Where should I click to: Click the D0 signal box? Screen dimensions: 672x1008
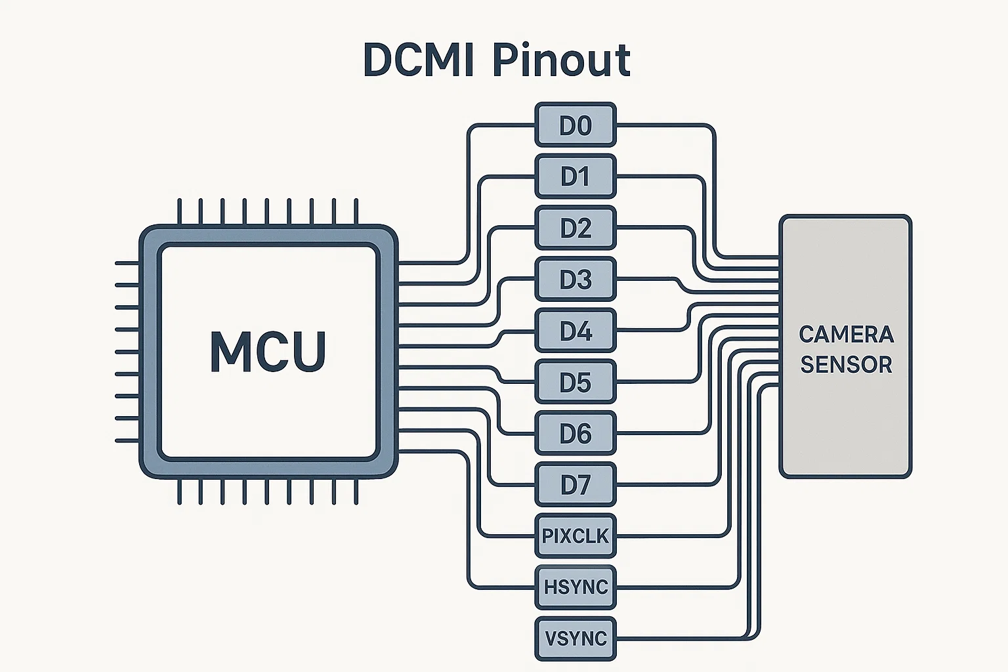coord(576,125)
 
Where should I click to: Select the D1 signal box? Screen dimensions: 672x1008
coord(576,176)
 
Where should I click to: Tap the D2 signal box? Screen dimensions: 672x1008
coord(576,228)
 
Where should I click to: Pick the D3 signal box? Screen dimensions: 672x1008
coord(576,280)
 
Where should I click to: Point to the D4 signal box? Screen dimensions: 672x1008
coord(576,331)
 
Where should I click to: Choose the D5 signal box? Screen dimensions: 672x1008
coord(576,382)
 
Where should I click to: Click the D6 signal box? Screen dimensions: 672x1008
coord(576,433)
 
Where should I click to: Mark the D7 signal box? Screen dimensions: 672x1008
coord(576,485)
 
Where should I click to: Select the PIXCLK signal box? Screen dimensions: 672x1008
coord(576,536)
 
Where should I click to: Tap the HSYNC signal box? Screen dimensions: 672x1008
coord(576,587)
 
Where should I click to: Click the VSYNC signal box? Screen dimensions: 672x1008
coord(576,638)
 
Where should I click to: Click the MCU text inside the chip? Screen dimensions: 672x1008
coord(268,352)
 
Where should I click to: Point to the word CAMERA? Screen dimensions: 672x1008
coord(846,334)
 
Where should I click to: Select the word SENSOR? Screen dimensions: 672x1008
coord(846,364)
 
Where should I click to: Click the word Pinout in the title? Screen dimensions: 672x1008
coord(561,60)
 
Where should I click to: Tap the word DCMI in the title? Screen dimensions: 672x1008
coord(418,60)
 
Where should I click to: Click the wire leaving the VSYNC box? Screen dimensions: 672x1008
coord(682,639)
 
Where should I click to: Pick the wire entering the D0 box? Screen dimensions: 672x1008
coord(502,125)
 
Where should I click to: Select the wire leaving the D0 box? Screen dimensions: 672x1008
coord(663,125)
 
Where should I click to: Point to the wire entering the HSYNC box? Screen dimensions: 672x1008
coord(502,587)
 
